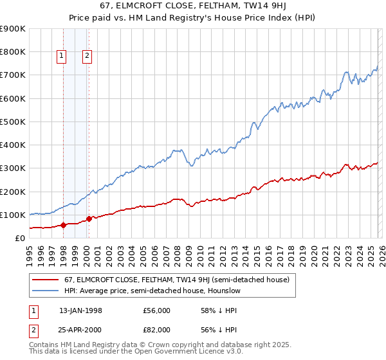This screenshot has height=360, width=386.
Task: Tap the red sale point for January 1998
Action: point(64,225)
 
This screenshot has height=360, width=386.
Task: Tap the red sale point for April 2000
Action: point(89,219)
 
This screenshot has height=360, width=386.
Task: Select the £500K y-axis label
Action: point(14,122)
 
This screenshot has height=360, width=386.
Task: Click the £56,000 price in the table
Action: point(156,310)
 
